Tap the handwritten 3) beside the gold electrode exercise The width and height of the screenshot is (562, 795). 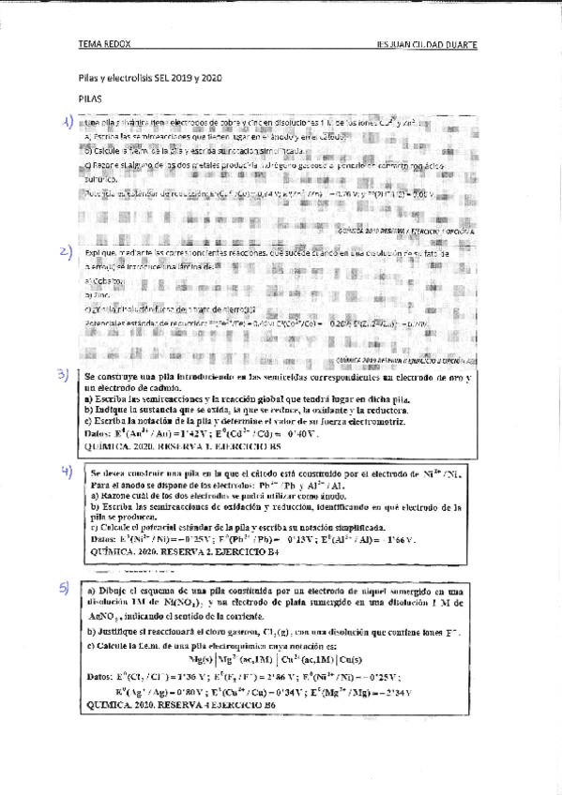(63, 376)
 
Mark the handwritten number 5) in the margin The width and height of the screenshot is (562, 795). (65, 589)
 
